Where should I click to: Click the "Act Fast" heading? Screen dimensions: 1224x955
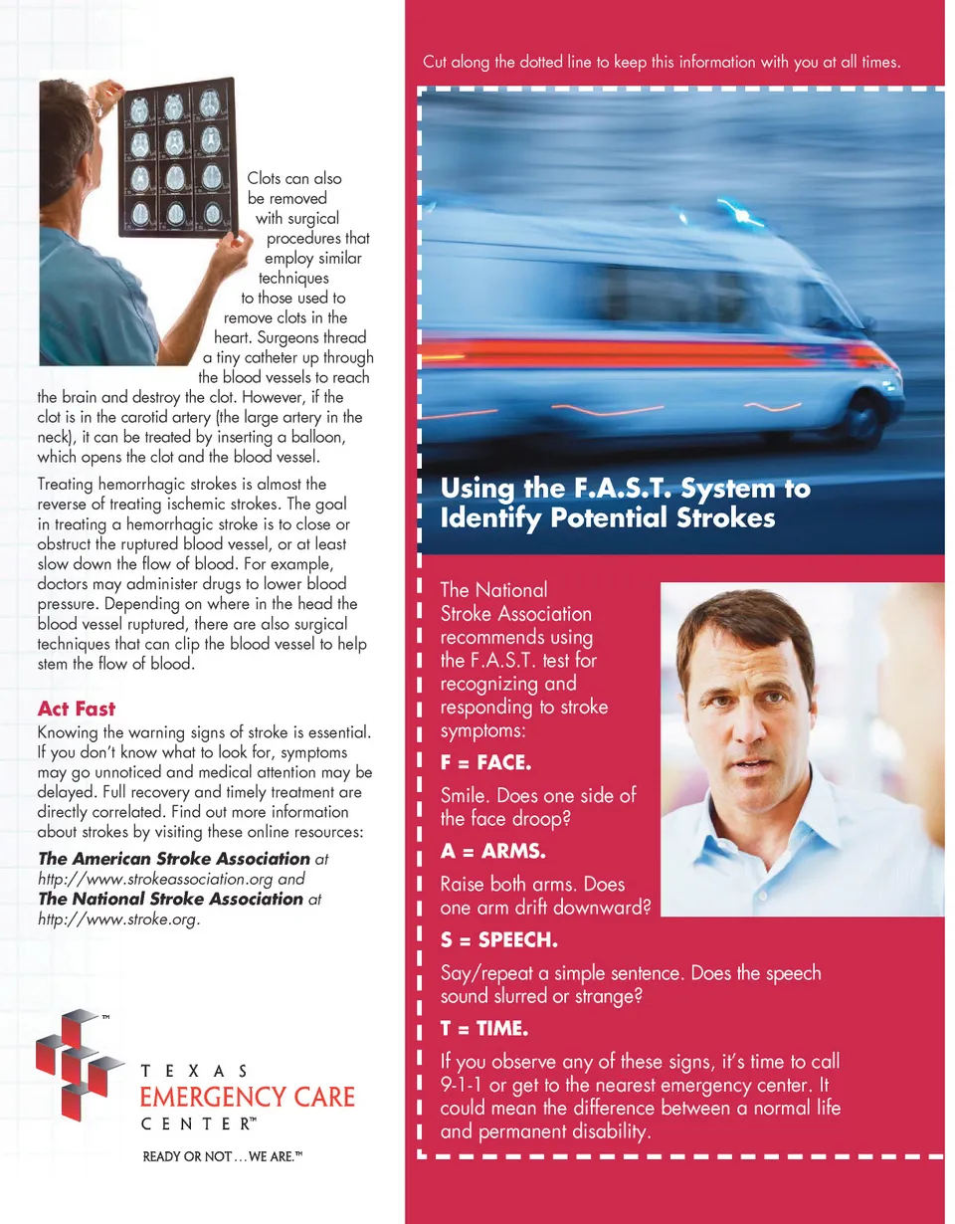(x=77, y=710)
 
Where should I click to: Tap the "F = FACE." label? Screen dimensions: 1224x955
(x=485, y=763)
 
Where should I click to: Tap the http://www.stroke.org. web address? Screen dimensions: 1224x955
(x=119, y=918)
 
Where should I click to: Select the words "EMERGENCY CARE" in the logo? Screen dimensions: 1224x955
(x=247, y=1098)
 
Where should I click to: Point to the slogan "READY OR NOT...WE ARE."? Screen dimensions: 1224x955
(x=223, y=1156)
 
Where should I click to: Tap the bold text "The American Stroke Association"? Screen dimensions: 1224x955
(x=174, y=858)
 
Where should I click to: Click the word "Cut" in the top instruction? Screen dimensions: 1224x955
(x=435, y=62)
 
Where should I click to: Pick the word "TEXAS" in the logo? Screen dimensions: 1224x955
(x=196, y=1071)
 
